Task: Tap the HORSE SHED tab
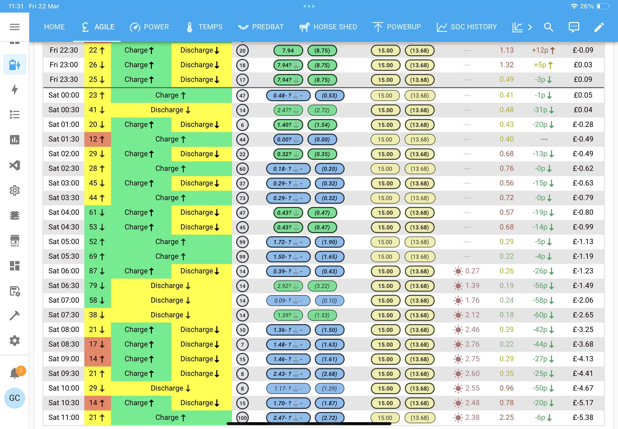point(328,27)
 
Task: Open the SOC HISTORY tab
point(467,27)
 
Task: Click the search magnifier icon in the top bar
point(548,27)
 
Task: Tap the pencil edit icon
point(599,27)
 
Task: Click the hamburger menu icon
point(14,27)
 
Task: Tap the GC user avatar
point(14,398)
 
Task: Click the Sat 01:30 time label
point(64,139)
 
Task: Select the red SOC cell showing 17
point(97,344)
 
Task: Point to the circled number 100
point(242,418)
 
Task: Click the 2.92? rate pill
point(288,286)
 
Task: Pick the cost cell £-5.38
point(583,417)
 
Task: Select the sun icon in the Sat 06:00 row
point(458,271)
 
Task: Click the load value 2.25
point(507,417)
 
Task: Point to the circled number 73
point(242,198)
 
